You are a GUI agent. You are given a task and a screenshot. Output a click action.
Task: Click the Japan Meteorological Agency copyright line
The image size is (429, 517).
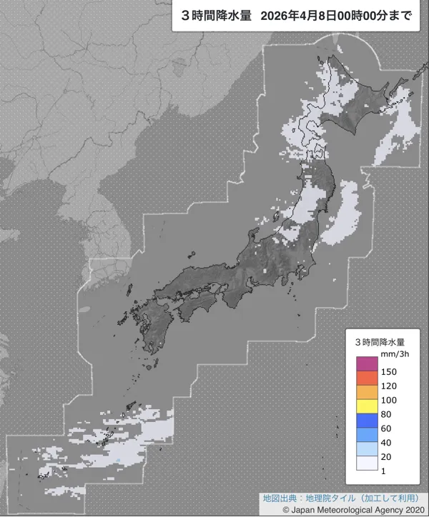pos(353,510)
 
